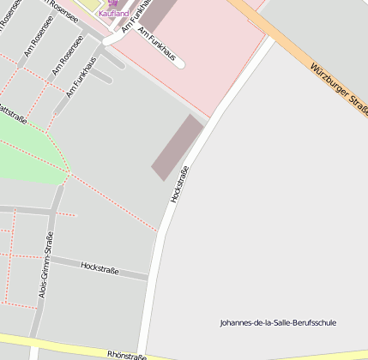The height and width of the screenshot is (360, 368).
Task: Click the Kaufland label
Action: point(113,14)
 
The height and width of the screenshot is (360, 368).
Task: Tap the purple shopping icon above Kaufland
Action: point(113,3)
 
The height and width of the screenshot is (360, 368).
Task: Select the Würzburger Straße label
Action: point(338,91)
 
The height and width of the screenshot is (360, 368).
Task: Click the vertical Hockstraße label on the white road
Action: point(179,183)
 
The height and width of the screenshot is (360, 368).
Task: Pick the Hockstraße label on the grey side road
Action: point(100,267)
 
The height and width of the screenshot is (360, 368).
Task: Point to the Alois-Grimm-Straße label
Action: point(45,265)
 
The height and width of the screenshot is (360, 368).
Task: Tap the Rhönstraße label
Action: point(125,354)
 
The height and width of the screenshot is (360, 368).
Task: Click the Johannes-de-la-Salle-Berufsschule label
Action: point(278,323)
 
